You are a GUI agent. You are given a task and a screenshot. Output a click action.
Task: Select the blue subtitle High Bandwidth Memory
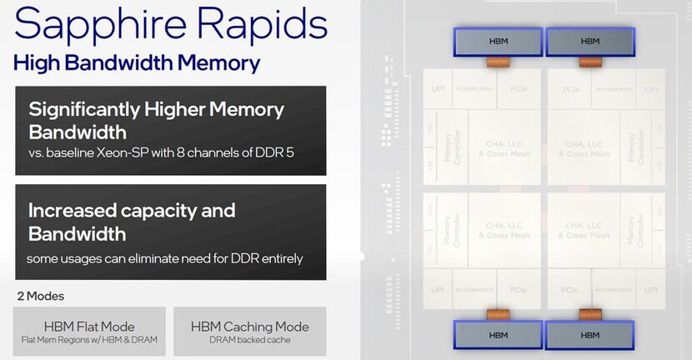click(x=137, y=63)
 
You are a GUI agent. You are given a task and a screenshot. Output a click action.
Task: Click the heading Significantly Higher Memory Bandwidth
click(x=156, y=121)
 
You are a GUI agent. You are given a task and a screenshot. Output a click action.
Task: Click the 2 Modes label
click(x=40, y=296)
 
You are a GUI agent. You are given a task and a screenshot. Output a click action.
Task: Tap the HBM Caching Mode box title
click(x=249, y=326)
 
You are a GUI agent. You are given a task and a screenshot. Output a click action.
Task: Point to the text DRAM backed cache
click(x=249, y=340)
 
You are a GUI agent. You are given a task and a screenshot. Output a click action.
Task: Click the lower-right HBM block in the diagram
click(x=589, y=335)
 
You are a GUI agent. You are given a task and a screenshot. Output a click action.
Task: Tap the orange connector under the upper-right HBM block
click(x=589, y=62)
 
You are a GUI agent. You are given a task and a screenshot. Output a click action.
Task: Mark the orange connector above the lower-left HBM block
click(x=498, y=313)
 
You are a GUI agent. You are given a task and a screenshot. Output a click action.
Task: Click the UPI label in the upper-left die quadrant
click(x=438, y=88)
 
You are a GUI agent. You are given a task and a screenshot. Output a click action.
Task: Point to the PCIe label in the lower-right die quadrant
click(x=571, y=289)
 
